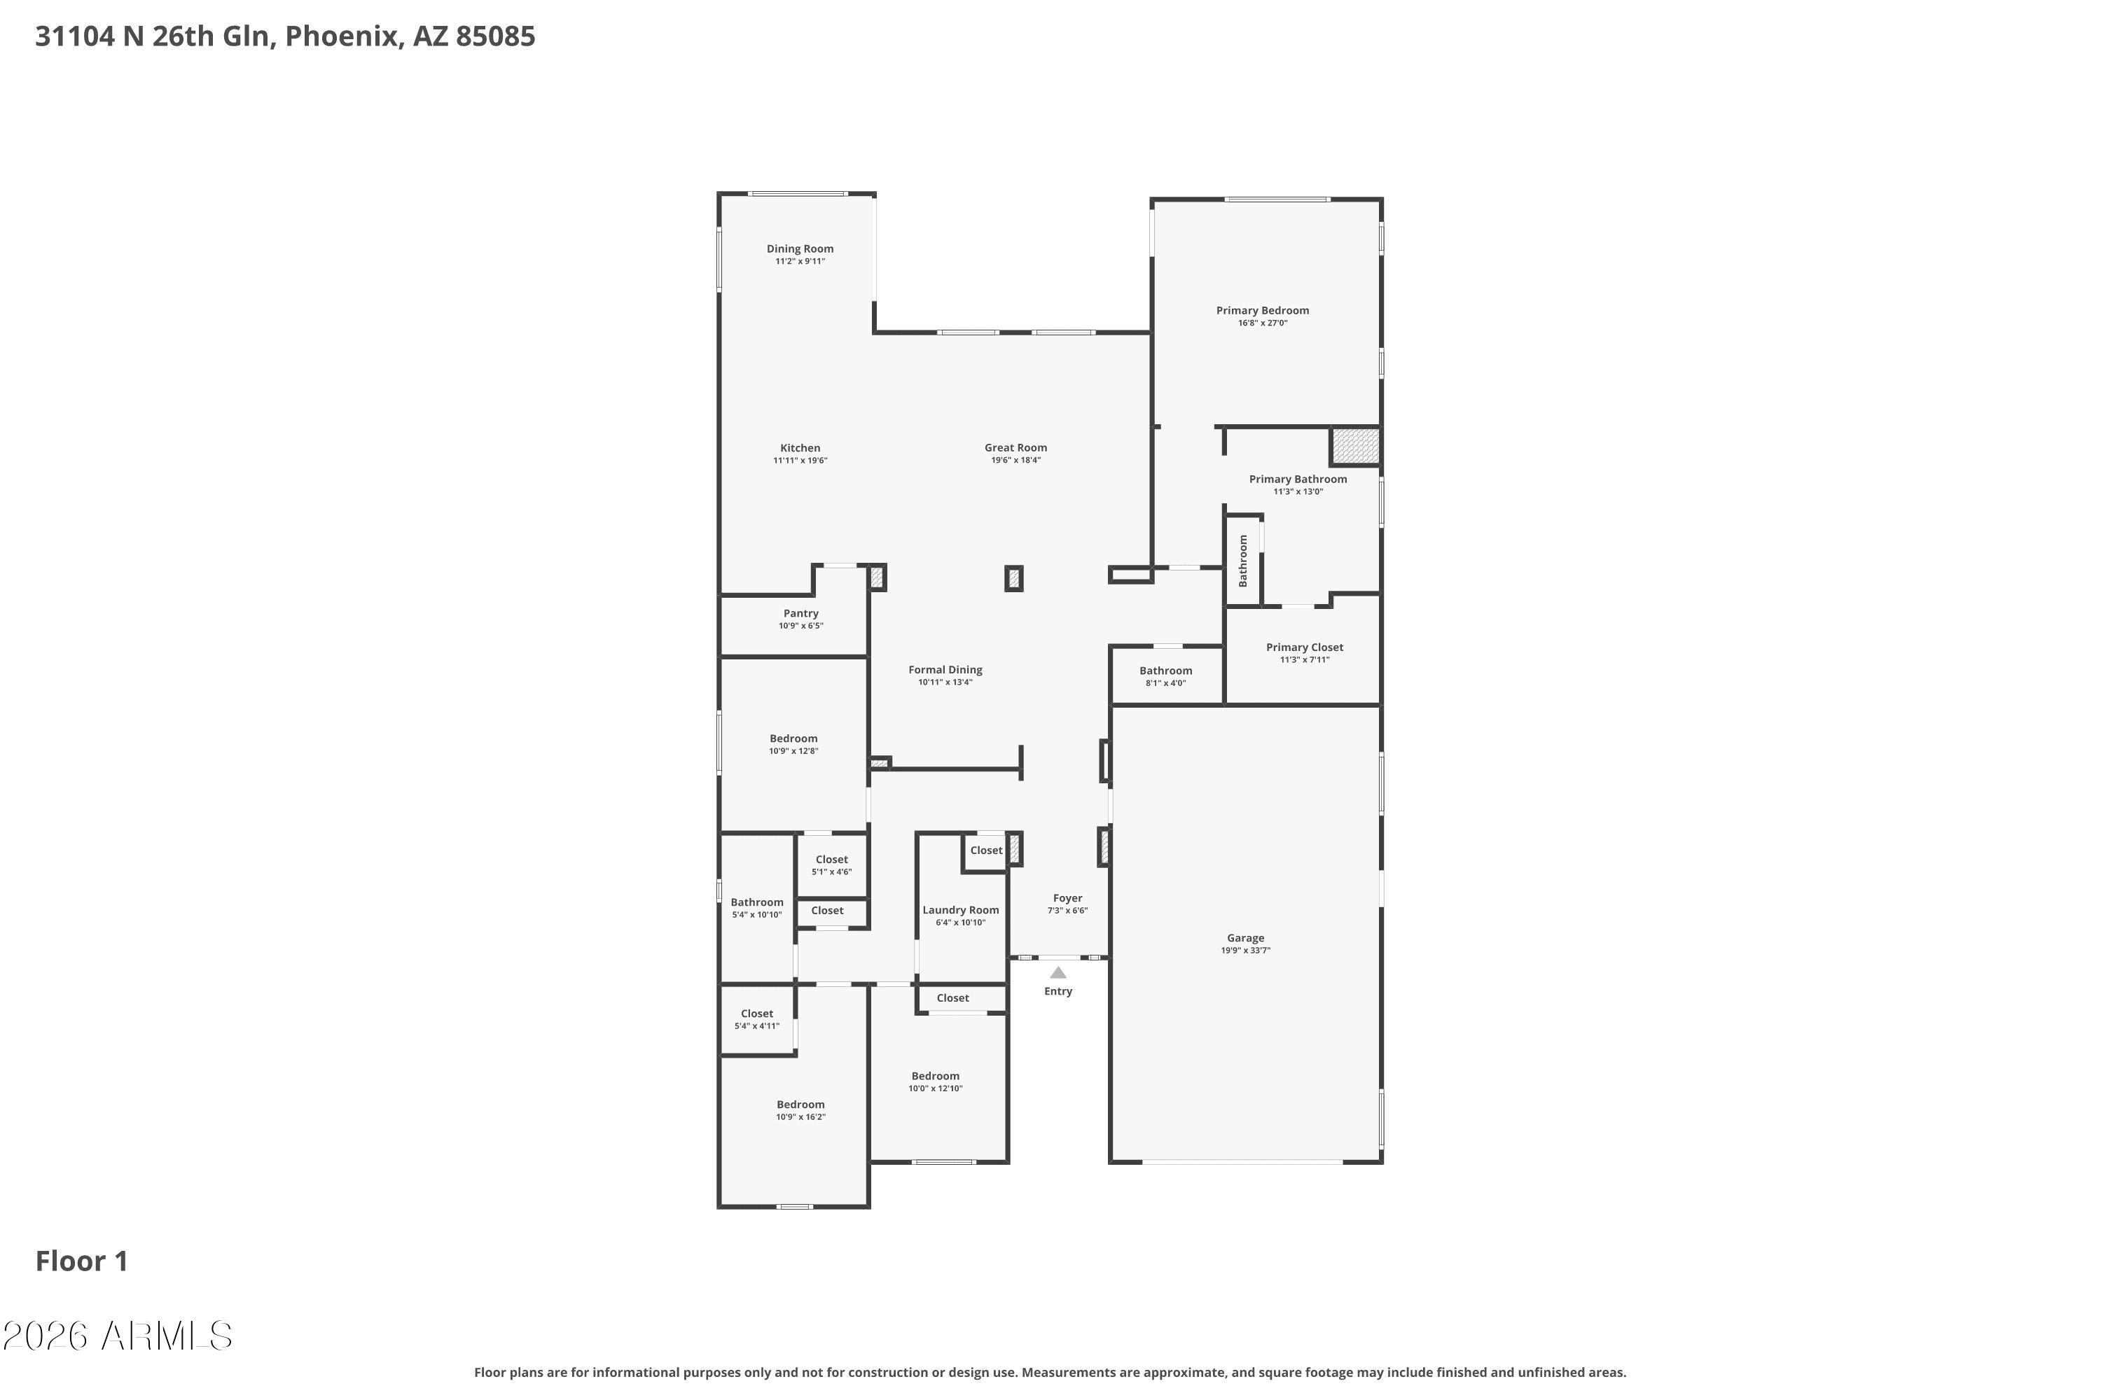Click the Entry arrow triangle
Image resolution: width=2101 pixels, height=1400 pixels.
[x=1058, y=972]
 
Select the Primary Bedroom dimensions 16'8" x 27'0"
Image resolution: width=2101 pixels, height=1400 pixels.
[x=1262, y=323]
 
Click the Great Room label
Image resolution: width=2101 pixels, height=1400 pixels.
[x=1015, y=447]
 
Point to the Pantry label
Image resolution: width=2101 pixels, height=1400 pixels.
[x=800, y=613]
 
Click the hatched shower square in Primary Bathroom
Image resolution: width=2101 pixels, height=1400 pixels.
[x=1355, y=445]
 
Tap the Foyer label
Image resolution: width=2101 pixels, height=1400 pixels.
[x=1067, y=898]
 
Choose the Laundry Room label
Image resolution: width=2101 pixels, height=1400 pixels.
[x=960, y=910]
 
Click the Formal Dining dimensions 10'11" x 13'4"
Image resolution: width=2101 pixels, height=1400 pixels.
[x=945, y=682]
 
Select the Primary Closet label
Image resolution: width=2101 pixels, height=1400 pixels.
[x=1304, y=647]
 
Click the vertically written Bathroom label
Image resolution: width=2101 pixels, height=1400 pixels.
[x=1242, y=561]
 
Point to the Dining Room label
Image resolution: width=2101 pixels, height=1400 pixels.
[x=800, y=248]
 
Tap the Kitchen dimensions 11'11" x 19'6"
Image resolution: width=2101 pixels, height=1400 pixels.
[x=800, y=461]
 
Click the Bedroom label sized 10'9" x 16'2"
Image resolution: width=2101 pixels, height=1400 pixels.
[x=800, y=1105]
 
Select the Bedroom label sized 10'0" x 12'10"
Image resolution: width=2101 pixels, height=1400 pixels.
[x=935, y=1076]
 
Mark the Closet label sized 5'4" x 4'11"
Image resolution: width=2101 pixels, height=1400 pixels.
[x=756, y=1014]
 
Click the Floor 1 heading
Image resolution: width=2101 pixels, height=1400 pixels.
[x=81, y=1261]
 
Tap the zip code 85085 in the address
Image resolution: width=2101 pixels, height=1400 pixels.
[x=495, y=36]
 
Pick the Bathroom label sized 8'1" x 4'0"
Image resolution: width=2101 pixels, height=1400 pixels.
[x=1166, y=671]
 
